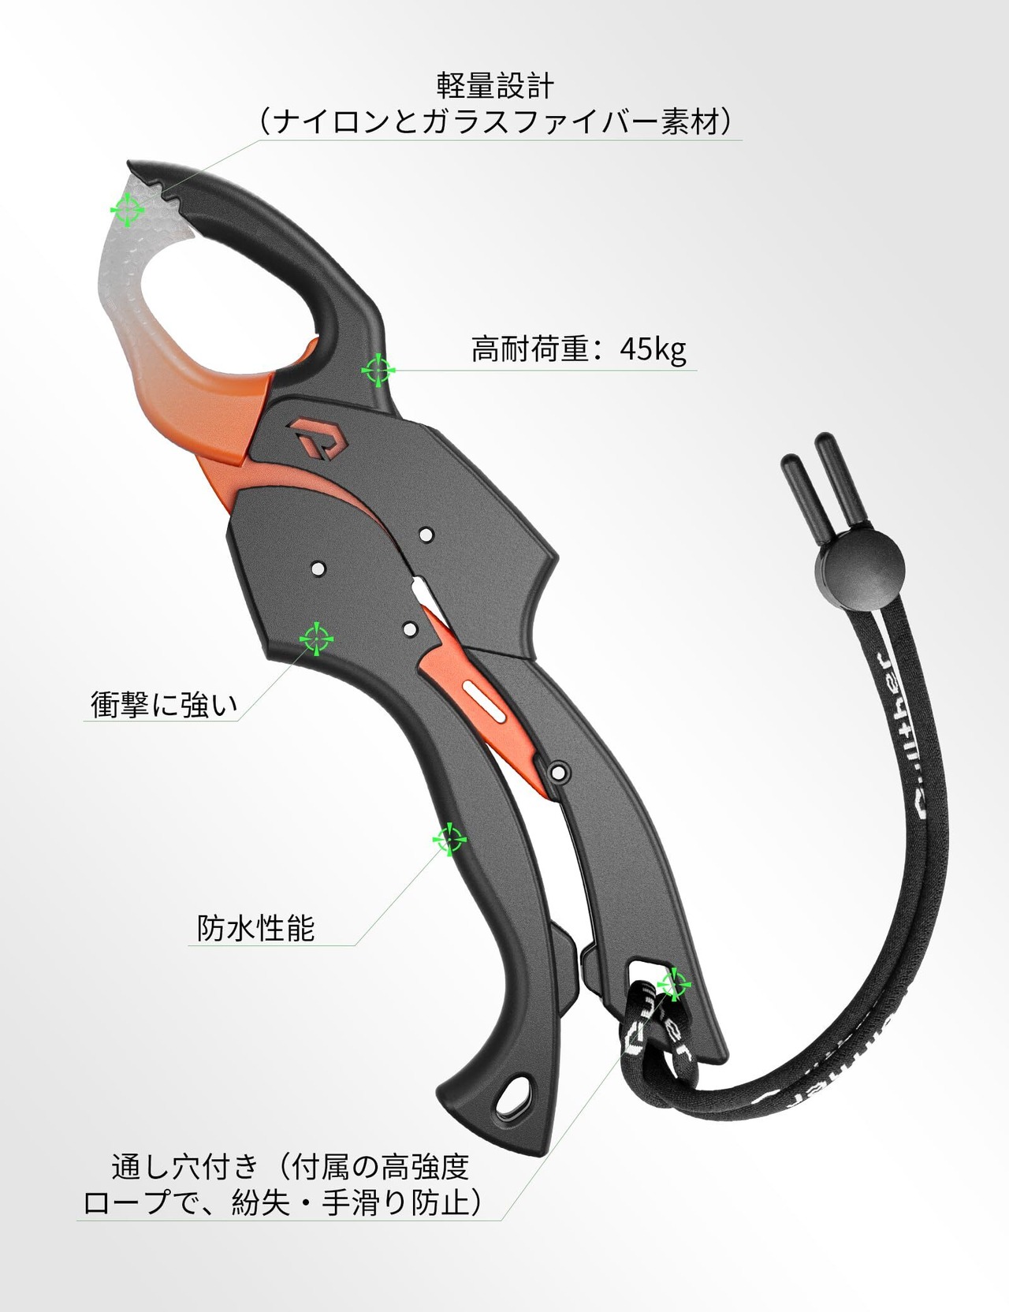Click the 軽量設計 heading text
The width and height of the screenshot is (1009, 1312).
click(x=497, y=86)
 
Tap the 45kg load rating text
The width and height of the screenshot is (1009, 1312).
click(x=653, y=348)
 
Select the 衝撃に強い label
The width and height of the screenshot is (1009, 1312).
click(x=164, y=703)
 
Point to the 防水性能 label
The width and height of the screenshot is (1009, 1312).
click(x=256, y=928)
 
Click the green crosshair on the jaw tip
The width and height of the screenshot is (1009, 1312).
click(x=126, y=210)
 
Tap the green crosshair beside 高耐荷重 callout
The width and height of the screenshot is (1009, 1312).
click(x=378, y=370)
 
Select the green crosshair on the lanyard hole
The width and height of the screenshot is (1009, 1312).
click(x=674, y=983)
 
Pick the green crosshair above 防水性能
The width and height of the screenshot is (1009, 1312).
click(x=449, y=840)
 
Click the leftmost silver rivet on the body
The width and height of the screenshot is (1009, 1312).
click(x=318, y=568)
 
